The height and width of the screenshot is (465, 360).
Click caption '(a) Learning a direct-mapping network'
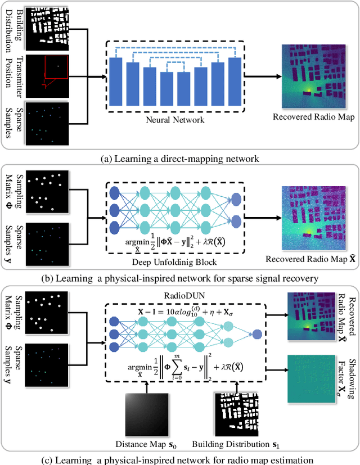179,159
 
